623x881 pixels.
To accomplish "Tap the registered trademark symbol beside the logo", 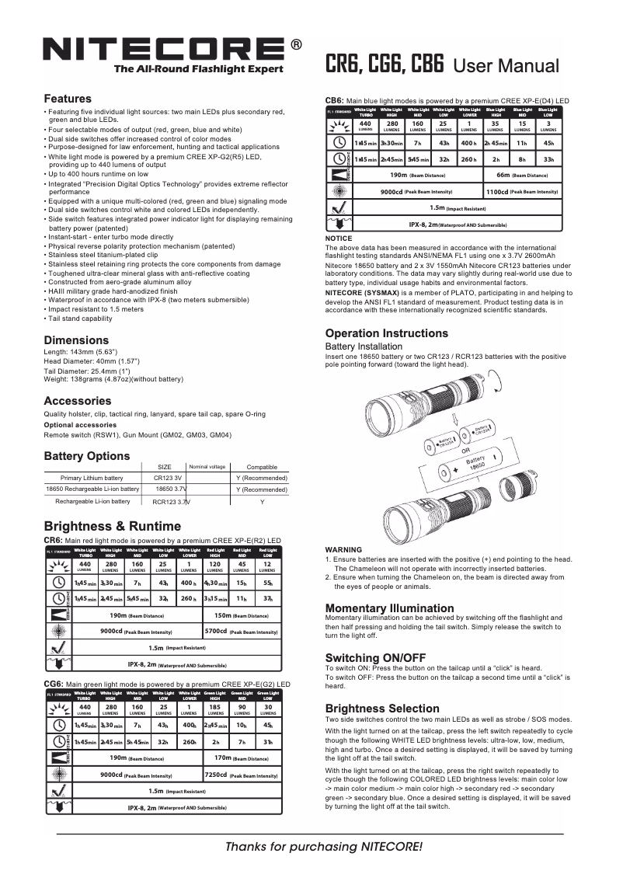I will pyautogui.click(x=296, y=45).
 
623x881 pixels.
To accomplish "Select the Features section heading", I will pyautogui.click(x=68, y=99).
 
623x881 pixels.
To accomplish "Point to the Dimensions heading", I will pyautogui.click(x=76, y=340).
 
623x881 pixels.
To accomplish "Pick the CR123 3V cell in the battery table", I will pyautogui.click(x=168, y=478).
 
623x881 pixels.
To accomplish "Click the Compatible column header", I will pyautogui.click(x=261, y=467).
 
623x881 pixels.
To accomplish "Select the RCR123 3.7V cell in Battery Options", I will pyautogui.click(x=170, y=502).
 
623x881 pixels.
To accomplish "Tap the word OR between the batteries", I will pyautogui.click(x=465, y=450).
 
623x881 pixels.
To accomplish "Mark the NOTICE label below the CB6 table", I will pyautogui.click(x=339, y=239).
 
